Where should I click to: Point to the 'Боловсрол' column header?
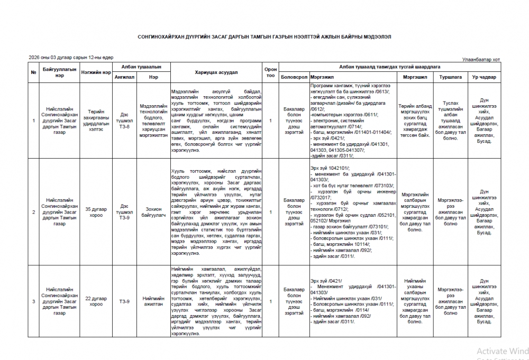[x=295, y=77]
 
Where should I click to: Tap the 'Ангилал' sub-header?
[x=124, y=77]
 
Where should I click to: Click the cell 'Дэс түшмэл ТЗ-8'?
[x=124, y=121]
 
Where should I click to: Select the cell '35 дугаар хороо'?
[x=96, y=213]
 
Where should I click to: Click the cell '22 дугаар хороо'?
[x=96, y=301]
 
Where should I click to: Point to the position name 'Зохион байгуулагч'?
[x=153, y=213]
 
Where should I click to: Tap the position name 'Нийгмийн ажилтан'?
[x=153, y=301]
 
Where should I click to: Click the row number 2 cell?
[x=34, y=213]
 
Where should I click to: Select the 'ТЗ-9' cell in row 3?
[x=124, y=301]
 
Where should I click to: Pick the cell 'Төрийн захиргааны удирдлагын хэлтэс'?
[x=96, y=121]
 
